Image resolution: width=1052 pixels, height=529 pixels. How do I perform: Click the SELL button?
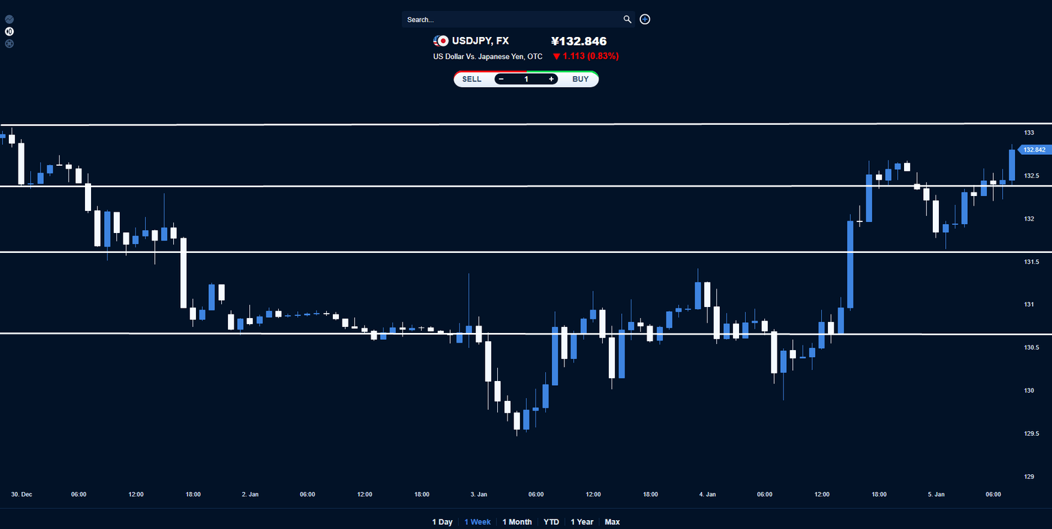(472, 79)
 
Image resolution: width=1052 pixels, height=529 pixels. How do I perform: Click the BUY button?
(580, 79)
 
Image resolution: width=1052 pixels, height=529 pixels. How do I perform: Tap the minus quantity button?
(501, 79)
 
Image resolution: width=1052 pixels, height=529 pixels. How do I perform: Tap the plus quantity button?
(551, 79)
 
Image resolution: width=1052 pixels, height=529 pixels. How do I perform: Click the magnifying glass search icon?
(627, 19)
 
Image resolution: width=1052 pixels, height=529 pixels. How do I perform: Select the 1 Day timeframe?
(442, 522)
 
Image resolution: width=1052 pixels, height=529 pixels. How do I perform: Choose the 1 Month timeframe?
(517, 522)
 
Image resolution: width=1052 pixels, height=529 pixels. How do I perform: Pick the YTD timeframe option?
(551, 522)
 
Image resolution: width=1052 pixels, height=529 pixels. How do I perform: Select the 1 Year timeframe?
(582, 522)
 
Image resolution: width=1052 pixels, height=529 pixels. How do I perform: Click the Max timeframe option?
(612, 522)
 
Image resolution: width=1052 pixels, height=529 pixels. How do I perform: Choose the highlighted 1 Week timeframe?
(477, 522)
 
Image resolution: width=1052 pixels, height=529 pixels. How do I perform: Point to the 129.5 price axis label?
(1031, 434)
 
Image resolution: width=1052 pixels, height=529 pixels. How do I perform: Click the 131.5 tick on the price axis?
(1031, 262)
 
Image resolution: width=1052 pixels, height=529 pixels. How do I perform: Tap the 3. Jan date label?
(479, 494)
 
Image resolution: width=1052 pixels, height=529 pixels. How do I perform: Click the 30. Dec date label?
(22, 494)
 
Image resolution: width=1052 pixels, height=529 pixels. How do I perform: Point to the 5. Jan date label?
(936, 494)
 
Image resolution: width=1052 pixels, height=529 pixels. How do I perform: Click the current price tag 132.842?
(1034, 149)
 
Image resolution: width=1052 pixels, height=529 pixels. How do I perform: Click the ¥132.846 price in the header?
(579, 41)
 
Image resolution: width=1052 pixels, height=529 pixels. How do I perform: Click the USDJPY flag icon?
(441, 41)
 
